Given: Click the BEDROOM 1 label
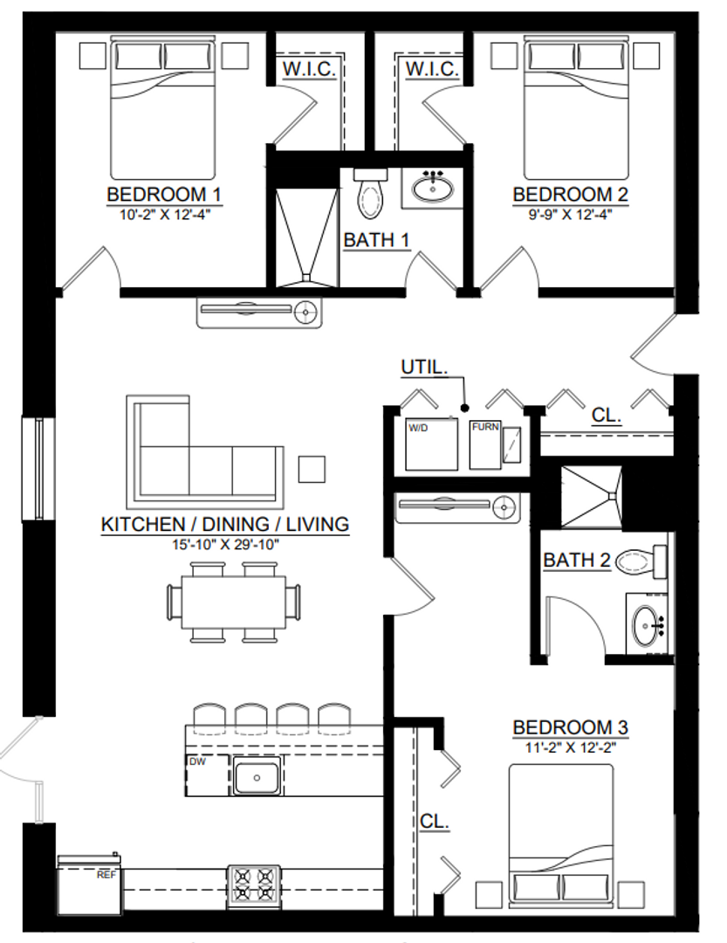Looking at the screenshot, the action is click(163, 194).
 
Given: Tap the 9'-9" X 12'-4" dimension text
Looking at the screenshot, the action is click(570, 214).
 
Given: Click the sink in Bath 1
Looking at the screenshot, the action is click(432, 189).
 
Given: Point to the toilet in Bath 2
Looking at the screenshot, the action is click(641, 561).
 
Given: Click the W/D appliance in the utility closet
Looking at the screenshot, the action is click(431, 444).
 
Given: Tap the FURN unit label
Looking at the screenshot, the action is click(484, 426).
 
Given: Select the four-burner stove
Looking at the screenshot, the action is click(254, 887).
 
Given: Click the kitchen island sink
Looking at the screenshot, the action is click(257, 777).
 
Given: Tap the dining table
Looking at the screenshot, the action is click(233, 602).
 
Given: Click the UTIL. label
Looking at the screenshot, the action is click(424, 367).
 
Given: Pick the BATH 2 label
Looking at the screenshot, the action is click(577, 560).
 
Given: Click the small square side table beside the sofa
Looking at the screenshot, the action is click(312, 469).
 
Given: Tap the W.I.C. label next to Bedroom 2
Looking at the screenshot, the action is click(432, 69).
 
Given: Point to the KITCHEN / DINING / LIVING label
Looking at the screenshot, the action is click(225, 524).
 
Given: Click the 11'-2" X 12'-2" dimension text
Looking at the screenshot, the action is click(570, 747).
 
